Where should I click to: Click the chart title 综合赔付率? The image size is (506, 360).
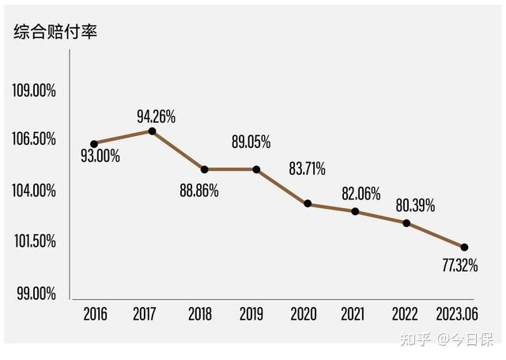tap(55, 32)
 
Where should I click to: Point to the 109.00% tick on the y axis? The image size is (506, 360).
tap(34, 90)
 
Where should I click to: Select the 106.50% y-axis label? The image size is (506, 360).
tap(34, 138)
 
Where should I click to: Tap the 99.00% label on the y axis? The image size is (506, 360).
tap(36, 294)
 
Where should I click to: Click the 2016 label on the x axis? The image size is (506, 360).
tap(95, 314)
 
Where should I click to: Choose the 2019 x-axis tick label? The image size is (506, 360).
tap(251, 314)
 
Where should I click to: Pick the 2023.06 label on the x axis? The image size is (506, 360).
tap(457, 314)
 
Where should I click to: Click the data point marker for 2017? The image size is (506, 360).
tap(152, 131)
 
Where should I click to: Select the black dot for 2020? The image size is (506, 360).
tap(308, 203)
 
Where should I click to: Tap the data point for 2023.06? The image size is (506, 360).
tap(464, 248)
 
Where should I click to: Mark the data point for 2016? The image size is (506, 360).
tap(94, 144)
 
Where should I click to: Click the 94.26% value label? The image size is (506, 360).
tap(157, 116)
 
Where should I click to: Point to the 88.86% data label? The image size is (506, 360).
tap(199, 191)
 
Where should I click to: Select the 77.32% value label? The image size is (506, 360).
tap(460, 265)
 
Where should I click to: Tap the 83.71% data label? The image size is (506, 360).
tap(308, 169)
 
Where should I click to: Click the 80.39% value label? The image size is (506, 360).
tap(415, 206)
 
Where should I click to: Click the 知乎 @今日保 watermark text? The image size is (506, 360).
tap(447, 339)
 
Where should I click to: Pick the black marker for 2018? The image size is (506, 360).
tap(204, 169)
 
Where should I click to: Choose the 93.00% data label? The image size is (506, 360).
tap(100, 157)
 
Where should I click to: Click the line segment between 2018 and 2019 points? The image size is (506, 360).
tap(230, 169)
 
